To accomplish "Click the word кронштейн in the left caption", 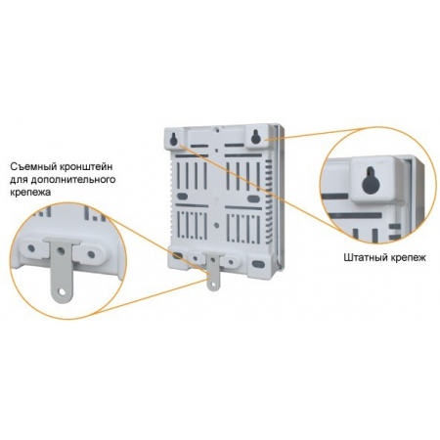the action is [86, 167].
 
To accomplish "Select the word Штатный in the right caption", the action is [364, 257].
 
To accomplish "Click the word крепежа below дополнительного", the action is [30, 193].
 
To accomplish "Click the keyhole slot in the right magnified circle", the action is [371, 180].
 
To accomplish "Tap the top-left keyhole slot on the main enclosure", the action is [174, 139].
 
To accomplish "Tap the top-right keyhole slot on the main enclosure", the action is [255, 137].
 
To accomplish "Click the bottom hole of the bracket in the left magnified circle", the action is [62, 290].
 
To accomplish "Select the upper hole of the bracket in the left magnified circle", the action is [60, 251].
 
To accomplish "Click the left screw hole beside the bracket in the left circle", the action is [31, 248].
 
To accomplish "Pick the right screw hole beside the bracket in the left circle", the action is [91, 254].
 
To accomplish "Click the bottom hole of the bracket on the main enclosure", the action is [212, 285].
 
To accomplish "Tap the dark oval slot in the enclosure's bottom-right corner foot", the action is [257, 263].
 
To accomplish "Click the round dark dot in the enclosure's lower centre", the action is [217, 225].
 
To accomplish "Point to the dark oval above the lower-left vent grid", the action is [182, 197].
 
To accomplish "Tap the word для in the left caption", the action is [20, 180].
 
